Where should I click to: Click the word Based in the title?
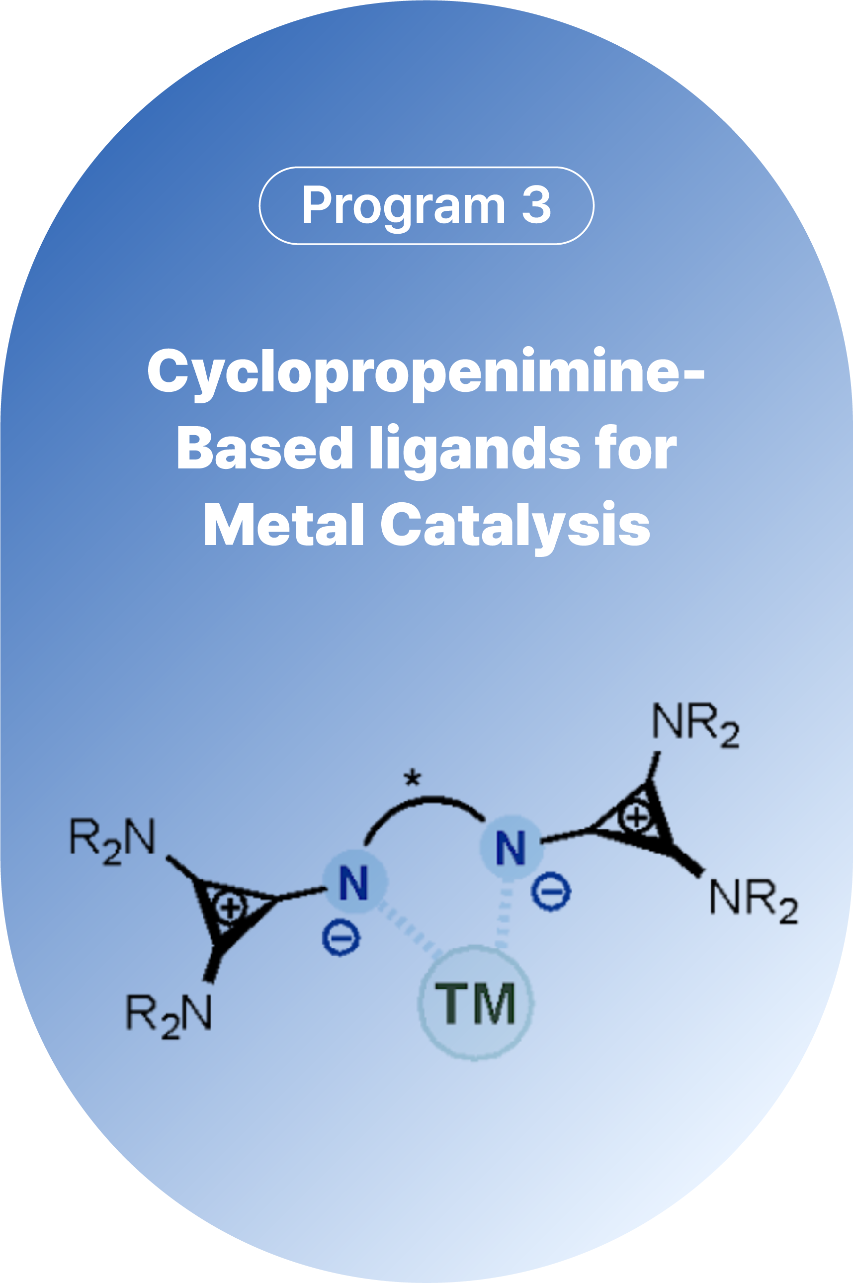(264, 449)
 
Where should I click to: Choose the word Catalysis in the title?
(514, 525)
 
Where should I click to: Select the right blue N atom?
(511, 847)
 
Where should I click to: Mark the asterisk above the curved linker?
(413, 778)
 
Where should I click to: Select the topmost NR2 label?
(695, 725)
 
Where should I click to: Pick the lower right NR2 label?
(754, 901)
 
